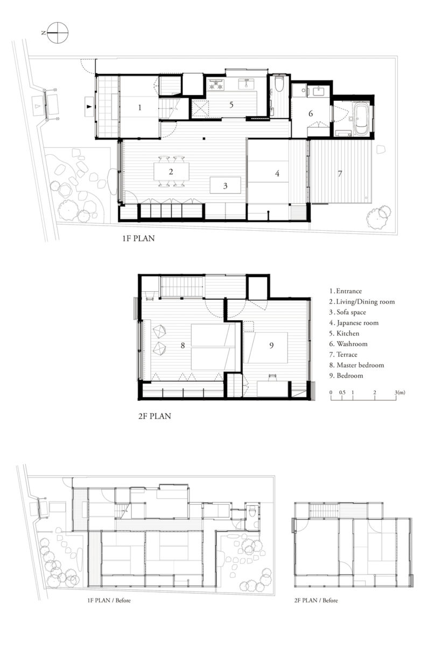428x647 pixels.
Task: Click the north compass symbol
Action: click(x=58, y=33)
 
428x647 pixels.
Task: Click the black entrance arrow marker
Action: click(x=89, y=107)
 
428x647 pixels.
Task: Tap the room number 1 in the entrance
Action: click(x=140, y=108)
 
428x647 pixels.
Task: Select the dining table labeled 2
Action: click(x=171, y=171)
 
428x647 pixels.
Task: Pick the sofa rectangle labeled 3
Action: click(x=225, y=185)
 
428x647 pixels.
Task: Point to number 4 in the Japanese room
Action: click(x=277, y=173)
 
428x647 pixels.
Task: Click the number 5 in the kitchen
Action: click(x=231, y=105)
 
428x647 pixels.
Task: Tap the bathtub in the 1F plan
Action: click(x=360, y=119)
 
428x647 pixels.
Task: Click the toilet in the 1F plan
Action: click(x=279, y=84)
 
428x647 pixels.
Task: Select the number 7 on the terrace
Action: click(x=340, y=174)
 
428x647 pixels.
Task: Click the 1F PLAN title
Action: click(x=138, y=238)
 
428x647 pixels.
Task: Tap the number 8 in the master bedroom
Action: click(x=183, y=346)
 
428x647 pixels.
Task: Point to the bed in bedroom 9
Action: click(x=265, y=348)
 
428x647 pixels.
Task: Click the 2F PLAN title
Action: click(x=155, y=416)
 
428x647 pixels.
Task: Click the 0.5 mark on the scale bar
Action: click(x=342, y=393)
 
